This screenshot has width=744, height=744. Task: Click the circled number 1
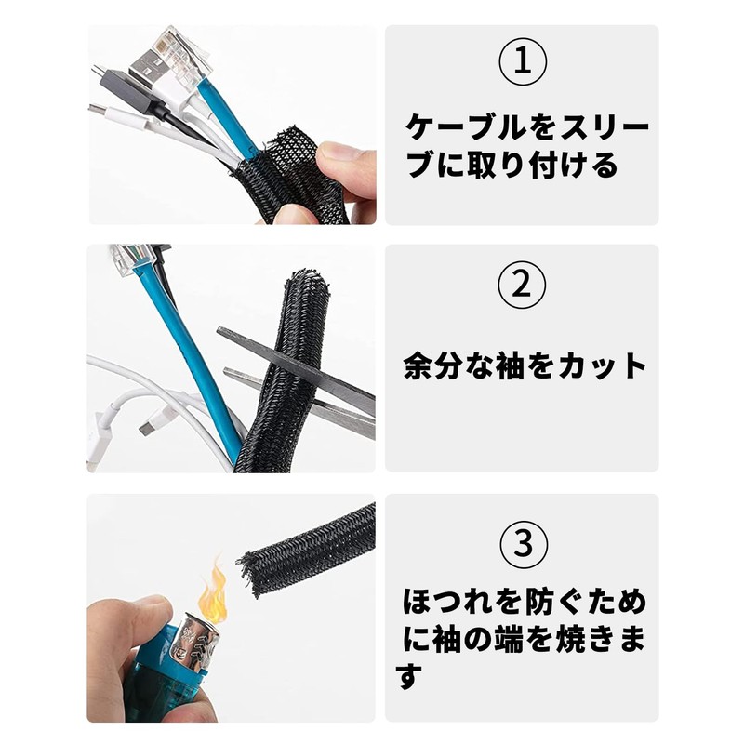click(x=523, y=61)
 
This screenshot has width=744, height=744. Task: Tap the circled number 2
click(x=522, y=286)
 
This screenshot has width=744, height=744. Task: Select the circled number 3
click(x=524, y=544)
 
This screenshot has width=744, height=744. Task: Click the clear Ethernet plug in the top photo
click(x=182, y=51)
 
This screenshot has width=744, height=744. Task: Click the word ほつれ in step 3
click(x=446, y=602)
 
